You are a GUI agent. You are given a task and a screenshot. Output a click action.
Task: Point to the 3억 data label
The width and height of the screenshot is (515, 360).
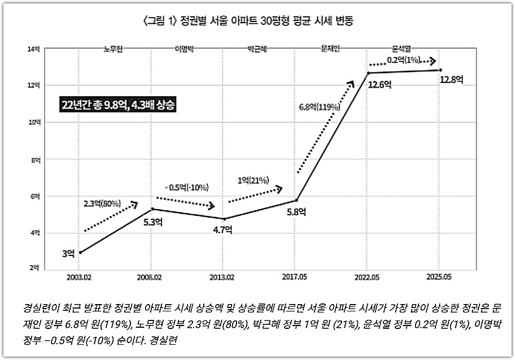pos(68,253)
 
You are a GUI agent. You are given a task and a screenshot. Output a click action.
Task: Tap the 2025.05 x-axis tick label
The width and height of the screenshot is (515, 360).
pos(439,277)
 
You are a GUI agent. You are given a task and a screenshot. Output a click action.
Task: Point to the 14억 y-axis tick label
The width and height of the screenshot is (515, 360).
pos(34,49)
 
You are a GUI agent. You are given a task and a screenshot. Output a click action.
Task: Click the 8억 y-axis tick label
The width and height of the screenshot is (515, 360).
pos(35,160)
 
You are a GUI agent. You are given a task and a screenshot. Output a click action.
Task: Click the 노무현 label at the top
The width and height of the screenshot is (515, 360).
pos(114,49)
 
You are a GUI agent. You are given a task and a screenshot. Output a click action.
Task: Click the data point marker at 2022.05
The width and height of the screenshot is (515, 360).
pos(368,73)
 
